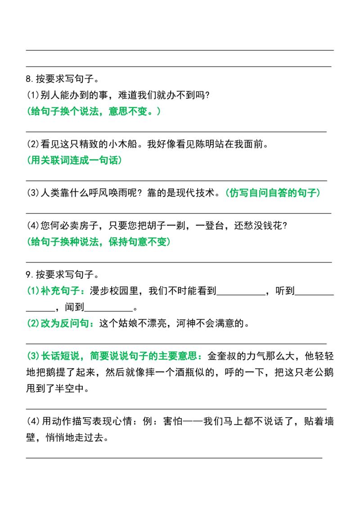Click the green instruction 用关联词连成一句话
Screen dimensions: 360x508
click(75, 160)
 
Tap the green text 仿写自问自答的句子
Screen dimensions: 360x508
click(273, 193)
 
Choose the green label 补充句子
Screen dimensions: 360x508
click(60, 290)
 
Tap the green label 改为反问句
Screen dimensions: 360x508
click(65, 323)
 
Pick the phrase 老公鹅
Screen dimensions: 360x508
click(319, 372)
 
